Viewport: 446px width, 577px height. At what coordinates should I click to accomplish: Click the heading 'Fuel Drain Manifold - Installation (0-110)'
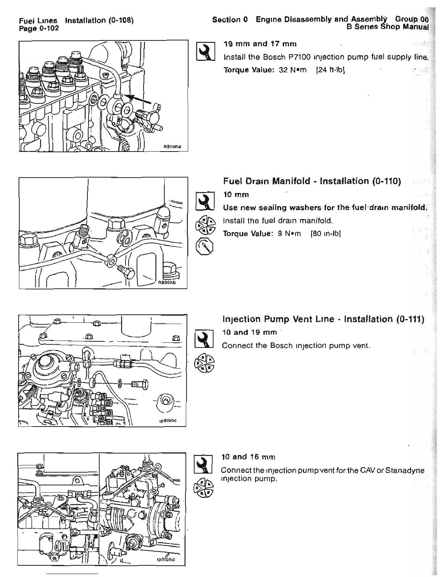312,181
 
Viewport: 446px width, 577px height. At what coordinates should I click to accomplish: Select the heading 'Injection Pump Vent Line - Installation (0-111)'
323,319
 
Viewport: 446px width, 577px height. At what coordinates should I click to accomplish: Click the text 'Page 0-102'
39,28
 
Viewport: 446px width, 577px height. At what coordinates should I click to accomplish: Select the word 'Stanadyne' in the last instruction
407,470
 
